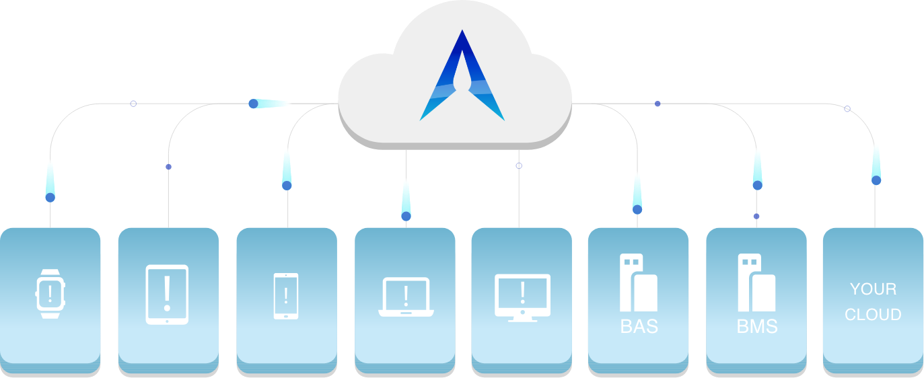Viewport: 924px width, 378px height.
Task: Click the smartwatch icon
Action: click(49, 293)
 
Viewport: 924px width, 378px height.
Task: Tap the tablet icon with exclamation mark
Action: click(167, 295)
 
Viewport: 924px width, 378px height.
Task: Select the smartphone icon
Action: click(286, 295)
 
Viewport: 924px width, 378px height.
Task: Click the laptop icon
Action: click(406, 297)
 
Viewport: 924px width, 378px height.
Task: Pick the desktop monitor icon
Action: click(522, 297)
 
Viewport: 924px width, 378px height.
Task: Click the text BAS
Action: click(639, 327)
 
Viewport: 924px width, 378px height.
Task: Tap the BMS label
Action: click(757, 327)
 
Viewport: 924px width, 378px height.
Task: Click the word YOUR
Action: click(873, 289)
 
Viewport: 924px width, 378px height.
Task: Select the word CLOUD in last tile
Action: click(873, 314)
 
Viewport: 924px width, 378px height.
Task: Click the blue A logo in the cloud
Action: click(462, 77)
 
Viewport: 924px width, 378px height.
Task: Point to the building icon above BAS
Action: click(638, 282)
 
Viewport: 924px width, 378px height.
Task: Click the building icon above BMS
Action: click(756, 282)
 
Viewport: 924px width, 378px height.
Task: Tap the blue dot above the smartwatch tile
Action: click(50, 198)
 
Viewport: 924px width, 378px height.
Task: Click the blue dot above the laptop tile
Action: click(406, 216)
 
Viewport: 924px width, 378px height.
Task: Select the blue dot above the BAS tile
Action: click(637, 209)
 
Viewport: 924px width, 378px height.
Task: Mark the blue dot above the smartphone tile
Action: click(287, 186)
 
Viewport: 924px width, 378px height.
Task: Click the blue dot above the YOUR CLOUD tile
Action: click(876, 180)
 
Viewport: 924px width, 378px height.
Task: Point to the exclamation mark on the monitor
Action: click(522, 291)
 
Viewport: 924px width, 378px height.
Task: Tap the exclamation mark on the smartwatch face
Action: click(49, 293)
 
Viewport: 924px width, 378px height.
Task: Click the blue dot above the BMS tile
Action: click(757, 185)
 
